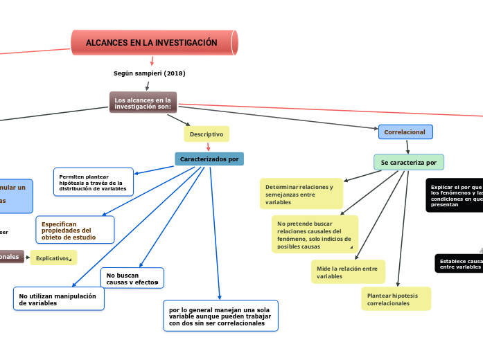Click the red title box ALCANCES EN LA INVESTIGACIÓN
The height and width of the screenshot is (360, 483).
pos(155,43)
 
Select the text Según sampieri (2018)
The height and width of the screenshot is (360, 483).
pos(149,73)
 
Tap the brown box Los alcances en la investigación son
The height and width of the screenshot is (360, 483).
pos(143,102)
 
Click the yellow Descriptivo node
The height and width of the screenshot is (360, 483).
pos(207,134)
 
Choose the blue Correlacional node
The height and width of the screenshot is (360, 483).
pos(405,132)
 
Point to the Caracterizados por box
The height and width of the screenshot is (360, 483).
pos(209,159)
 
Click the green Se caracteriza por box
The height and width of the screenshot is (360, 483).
pos(409,163)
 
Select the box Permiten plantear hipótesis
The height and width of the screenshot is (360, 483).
pos(94,182)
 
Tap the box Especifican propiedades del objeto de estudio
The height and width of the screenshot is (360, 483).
pos(75,230)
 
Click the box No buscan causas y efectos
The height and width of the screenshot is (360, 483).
pos(132,278)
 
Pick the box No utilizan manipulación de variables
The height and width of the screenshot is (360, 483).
pos(59,299)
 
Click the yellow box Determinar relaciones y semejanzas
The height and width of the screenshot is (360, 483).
pos(301,195)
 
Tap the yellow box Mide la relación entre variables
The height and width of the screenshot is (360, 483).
pos(348,272)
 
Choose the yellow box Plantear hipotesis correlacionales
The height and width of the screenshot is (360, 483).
pos(396,299)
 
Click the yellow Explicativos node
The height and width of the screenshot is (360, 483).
pos(53,258)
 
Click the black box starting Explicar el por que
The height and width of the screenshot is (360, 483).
pos(455,196)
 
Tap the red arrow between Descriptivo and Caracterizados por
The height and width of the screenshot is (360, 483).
pos(208,147)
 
